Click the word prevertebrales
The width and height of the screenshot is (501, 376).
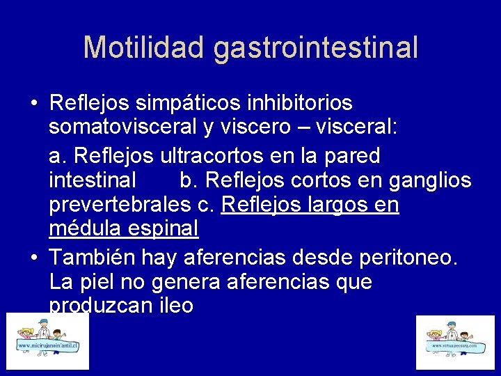click(x=120, y=205)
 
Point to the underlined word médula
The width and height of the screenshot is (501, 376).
click(x=81, y=228)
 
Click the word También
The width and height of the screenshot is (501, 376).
click(x=93, y=258)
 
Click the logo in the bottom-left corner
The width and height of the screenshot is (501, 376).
click(x=48, y=340)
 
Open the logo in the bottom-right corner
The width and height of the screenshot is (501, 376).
click(x=454, y=342)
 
